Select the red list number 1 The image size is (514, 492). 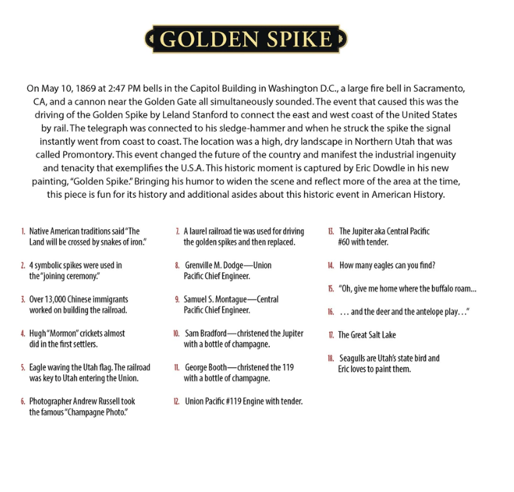click(x=23, y=231)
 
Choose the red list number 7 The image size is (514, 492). click(x=176, y=231)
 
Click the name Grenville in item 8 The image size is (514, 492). click(x=202, y=265)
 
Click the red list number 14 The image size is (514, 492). click(x=331, y=265)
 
